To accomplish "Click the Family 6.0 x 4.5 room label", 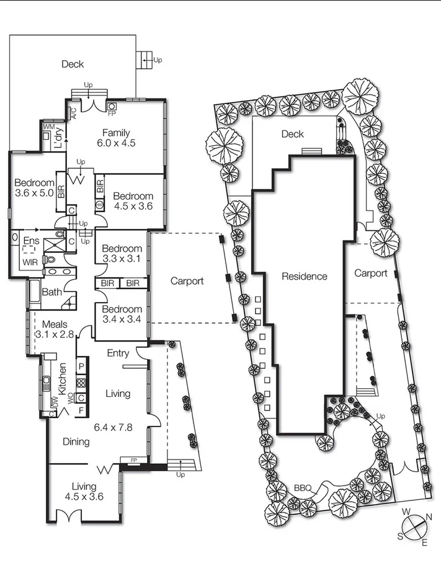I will click(x=119, y=137).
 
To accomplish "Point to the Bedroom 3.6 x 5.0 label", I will click(x=34, y=187).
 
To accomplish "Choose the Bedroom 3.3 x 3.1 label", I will click(x=122, y=253).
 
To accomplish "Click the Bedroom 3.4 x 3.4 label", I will click(x=122, y=314).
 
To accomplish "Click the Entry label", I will click(x=118, y=353).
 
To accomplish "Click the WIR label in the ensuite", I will click(x=30, y=262).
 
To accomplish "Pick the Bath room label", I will click(x=51, y=292).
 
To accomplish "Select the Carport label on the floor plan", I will click(x=187, y=281).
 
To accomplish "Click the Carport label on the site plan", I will click(x=370, y=273).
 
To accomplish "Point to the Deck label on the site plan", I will click(x=292, y=134).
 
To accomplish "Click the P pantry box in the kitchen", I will click(x=81, y=367).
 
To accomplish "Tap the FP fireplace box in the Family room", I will click(x=112, y=106).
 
